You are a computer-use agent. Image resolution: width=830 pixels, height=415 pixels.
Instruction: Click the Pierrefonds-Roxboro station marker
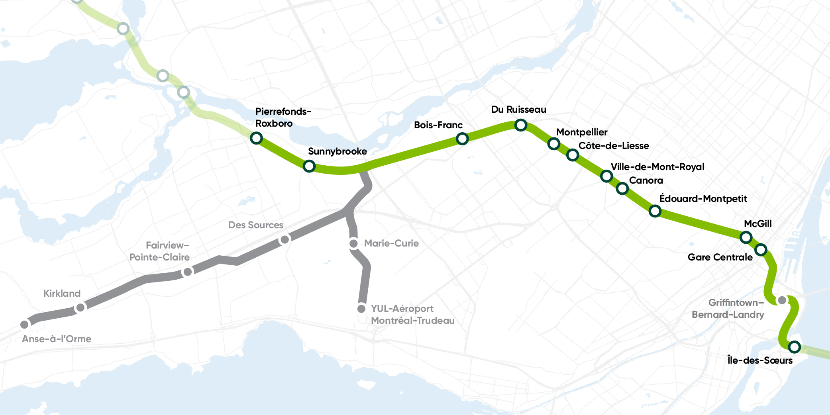coord(256,138)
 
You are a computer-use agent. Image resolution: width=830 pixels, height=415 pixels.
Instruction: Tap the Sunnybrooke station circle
coord(309,166)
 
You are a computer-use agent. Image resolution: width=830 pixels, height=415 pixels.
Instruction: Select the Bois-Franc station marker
coord(462,139)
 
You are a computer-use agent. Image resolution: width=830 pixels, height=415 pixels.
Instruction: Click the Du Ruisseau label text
coord(518,110)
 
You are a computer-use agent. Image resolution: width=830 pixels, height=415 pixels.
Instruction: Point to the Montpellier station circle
coord(553,143)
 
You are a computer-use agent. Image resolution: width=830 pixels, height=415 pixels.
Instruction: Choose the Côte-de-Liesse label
coord(614,146)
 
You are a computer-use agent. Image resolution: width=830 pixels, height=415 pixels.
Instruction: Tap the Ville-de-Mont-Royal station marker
coord(606,176)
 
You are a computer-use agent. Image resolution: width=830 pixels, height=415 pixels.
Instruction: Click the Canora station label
coord(646,180)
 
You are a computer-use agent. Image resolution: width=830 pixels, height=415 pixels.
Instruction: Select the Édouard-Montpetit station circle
coord(655,211)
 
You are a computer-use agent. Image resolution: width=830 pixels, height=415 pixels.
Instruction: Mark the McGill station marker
coord(746,238)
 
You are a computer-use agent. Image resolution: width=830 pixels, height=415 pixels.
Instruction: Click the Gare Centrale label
coord(720,257)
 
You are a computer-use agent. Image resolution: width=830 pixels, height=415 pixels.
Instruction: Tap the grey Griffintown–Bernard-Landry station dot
coord(782,300)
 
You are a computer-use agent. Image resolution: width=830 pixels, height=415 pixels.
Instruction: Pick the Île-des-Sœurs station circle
coord(794,346)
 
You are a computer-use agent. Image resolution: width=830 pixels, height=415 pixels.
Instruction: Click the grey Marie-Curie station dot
coord(353,243)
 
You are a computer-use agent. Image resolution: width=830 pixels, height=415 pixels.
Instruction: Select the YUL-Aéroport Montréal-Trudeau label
coord(412,314)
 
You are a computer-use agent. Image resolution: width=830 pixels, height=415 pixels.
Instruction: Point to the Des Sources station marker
coord(285,239)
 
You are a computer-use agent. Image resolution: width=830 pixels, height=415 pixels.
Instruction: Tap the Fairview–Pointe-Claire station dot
coord(187,272)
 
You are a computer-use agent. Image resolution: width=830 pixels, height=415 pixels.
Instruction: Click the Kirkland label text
coord(62,294)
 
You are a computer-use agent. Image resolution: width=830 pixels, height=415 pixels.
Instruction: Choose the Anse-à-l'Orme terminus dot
coord(25,324)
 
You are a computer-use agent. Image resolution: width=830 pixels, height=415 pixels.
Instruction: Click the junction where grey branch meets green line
coord(363,170)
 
